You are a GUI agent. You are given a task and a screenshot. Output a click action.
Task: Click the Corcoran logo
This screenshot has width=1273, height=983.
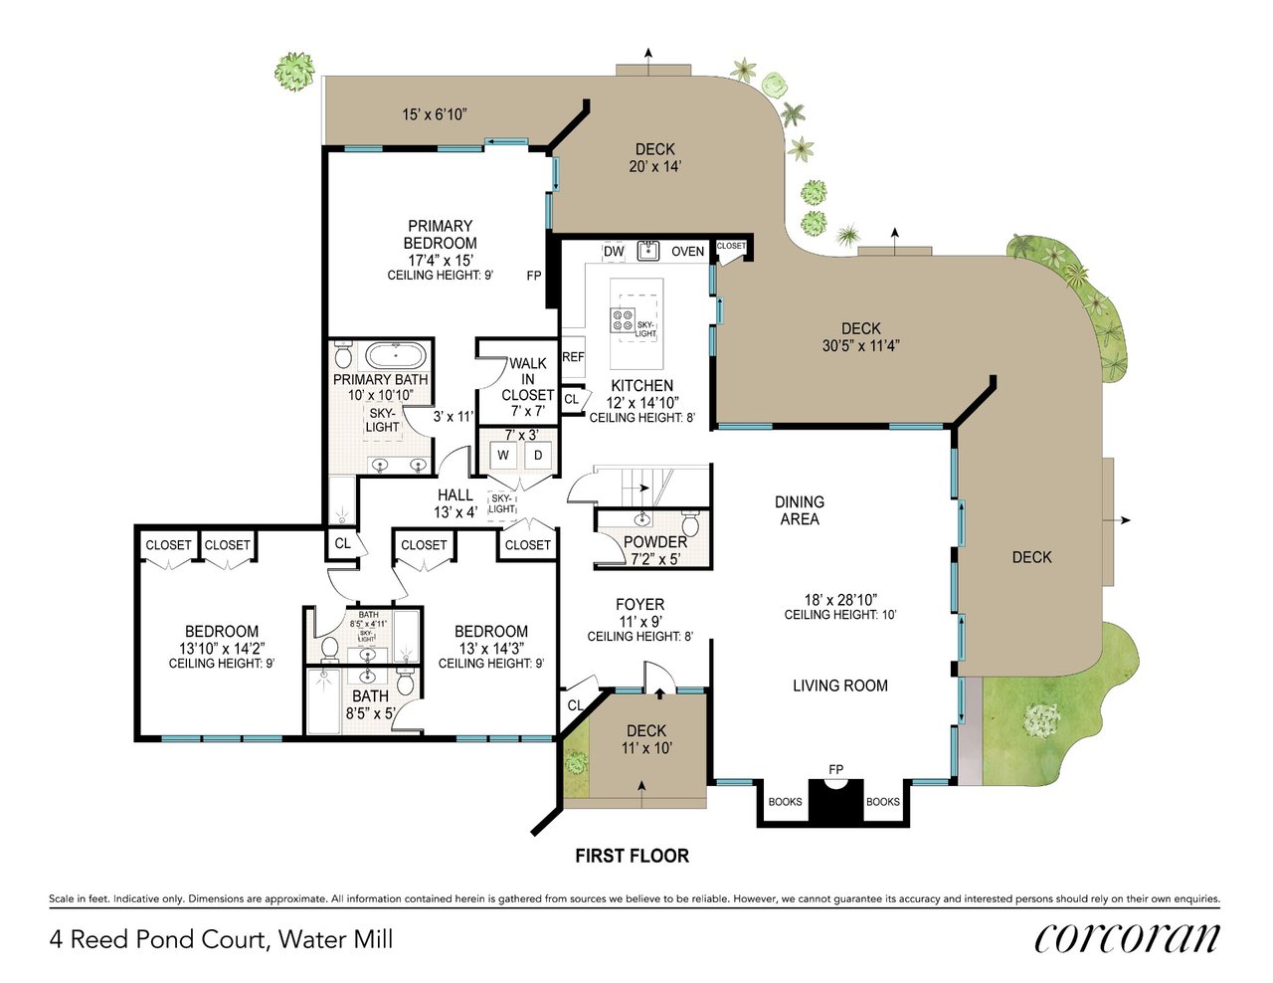coord(1126,938)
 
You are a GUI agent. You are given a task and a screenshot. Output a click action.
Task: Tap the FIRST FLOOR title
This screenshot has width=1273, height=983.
coord(632,856)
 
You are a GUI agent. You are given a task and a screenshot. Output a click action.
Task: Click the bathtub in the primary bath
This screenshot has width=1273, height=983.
coord(396,355)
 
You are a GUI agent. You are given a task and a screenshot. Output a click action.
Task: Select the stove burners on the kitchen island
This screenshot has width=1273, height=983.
coord(623,320)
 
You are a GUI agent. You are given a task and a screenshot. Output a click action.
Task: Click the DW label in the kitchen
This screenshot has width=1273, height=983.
coord(614,252)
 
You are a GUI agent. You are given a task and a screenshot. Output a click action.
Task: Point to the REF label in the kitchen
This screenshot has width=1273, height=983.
coord(573,357)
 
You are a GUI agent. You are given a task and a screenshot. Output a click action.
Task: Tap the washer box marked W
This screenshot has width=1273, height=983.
coord(503,456)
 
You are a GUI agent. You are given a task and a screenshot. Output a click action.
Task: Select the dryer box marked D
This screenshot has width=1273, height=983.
coord(538,456)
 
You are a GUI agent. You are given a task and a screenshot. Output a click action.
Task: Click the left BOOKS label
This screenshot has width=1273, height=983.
coord(785,802)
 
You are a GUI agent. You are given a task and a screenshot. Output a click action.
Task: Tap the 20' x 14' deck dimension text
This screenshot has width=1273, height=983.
coord(655,166)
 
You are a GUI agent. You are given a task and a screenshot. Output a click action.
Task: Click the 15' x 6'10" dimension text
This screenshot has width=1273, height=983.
coord(435,114)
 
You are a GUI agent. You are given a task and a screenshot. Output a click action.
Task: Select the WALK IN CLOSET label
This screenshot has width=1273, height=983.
coord(527,379)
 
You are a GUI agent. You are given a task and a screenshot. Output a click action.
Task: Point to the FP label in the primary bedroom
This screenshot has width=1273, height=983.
coord(534,276)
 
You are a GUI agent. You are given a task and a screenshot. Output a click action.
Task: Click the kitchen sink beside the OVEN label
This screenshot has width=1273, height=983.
coord(648,250)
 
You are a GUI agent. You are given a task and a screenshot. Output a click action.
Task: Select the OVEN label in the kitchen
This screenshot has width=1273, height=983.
coord(687,252)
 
